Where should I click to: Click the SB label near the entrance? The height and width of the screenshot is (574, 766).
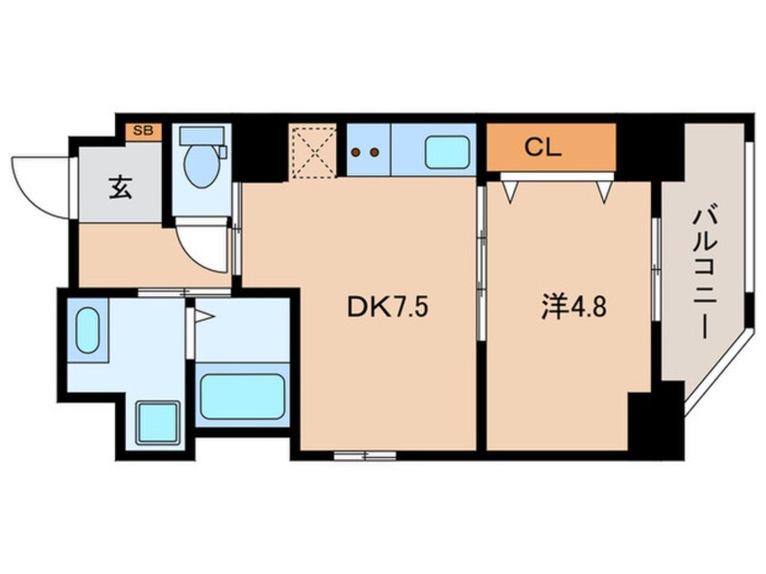point(143,130)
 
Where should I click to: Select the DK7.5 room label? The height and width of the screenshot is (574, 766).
point(386,309)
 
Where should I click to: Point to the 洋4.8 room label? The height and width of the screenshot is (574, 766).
point(569,309)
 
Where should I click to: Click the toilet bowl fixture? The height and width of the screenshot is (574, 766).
point(201,168)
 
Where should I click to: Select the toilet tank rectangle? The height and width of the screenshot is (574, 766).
point(201,136)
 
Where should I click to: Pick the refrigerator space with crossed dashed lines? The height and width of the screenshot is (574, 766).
point(313,149)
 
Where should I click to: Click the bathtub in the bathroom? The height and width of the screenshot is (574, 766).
point(242,397)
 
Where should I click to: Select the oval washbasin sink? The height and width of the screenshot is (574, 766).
point(87,331)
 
